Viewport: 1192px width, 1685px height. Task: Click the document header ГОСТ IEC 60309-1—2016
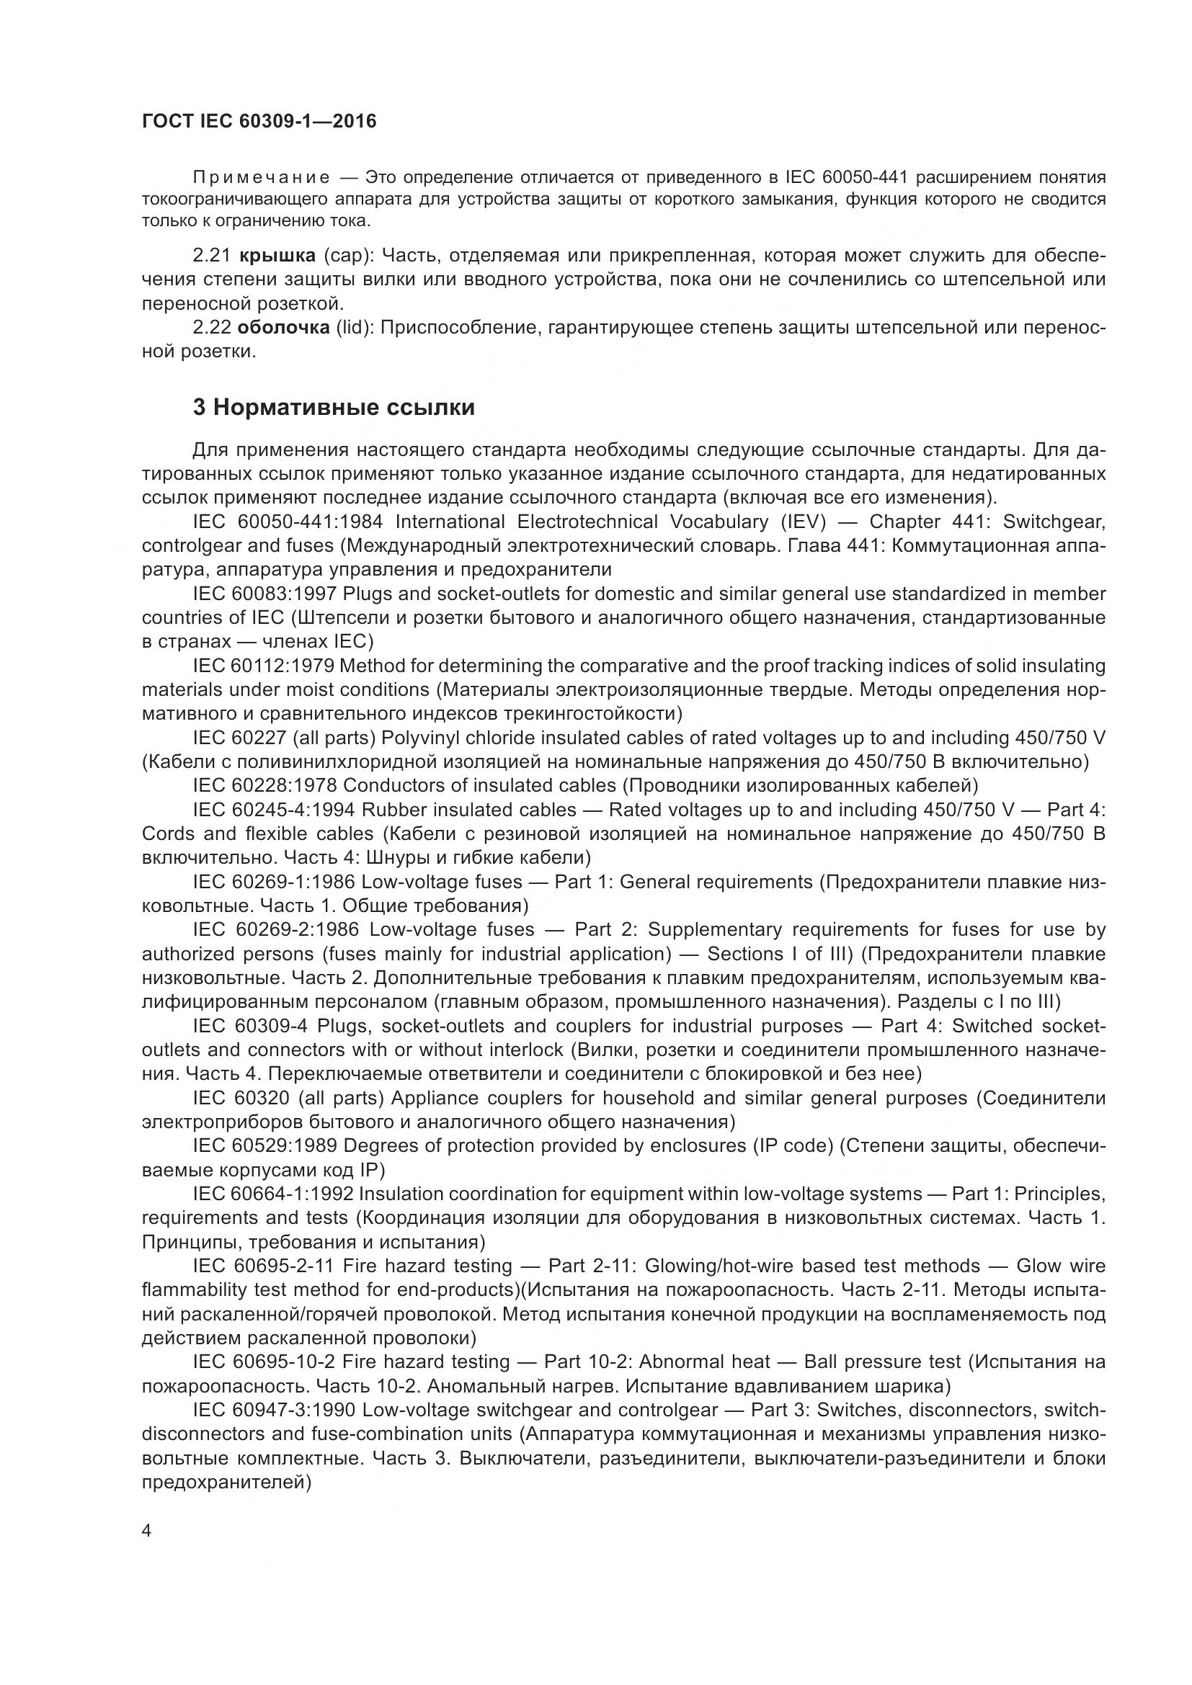coord(259,122)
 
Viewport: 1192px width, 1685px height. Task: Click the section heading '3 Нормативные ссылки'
coord(334,408)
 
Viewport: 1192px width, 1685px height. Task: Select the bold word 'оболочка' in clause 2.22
coord(284,327)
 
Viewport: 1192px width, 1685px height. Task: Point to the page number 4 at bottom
coord(146,1531)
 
